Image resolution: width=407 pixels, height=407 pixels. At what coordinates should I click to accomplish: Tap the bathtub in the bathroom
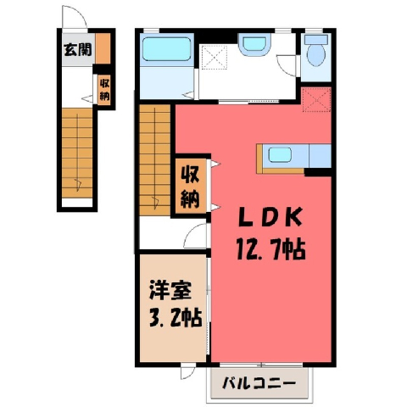(x=166, y=49)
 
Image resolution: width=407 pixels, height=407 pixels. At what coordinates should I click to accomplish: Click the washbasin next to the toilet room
(x=254, y=43)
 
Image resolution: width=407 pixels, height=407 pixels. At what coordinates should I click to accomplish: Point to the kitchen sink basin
(x=280, y=155)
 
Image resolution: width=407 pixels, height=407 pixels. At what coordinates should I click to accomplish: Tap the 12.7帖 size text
(x=270, y=249)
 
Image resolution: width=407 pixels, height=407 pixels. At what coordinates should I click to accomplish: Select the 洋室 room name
(x=170, y=291)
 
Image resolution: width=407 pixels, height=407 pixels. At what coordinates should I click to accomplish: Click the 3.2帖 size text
(x=176, y=318)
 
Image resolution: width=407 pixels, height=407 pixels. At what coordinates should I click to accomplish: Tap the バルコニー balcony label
(x=259, y=383)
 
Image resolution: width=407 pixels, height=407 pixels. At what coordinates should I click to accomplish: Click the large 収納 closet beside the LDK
(x=191, y=187)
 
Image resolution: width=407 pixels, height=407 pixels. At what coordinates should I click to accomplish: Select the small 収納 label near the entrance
(x=104, y=90)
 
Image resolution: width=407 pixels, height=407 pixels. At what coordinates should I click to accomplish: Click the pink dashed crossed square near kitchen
(x=316, y=99)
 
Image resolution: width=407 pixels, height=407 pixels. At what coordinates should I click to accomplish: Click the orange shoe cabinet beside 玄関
(x=103, y=48)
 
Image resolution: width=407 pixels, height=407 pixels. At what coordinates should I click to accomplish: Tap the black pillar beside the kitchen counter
(x=318, y=172)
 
